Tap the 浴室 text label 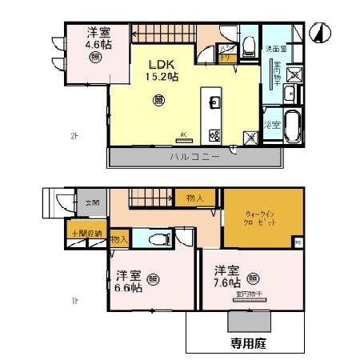[x=271, y=125]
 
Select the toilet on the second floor [x=248, y=44]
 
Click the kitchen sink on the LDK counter [x=214, y=102]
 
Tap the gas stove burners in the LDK [x=214, y=134]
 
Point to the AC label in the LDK [x=183, y=134]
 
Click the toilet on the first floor [x=158, y=238]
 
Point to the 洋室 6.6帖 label [x=126, y=282]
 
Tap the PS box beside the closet [x=298, y=242]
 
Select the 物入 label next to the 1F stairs [x=194, y=198]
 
